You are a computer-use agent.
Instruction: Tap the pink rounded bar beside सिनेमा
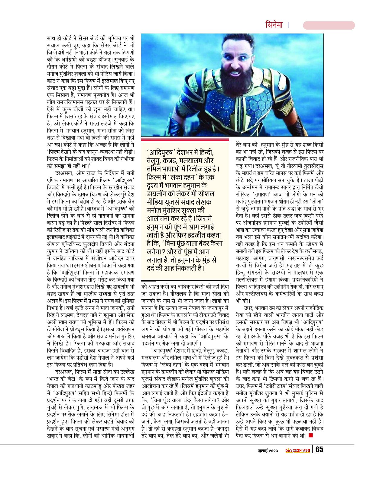click(329, 25)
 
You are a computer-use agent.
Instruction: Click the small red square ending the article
click(311, 435)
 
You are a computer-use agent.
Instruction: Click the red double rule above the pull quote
click(187, 140)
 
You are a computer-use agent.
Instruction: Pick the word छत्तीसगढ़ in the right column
click(313, 251)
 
